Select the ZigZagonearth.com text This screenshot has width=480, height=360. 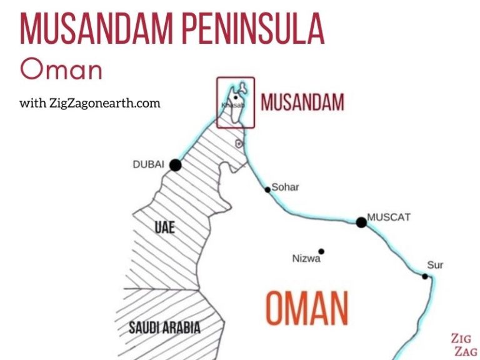point(90,103)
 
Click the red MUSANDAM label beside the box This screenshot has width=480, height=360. point(302,102)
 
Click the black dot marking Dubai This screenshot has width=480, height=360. point(176,165)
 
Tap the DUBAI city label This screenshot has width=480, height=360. point(148,164)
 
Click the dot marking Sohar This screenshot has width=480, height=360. point(267,189)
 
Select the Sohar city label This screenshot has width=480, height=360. point(285,187)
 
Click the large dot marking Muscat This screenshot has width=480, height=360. point(361,222)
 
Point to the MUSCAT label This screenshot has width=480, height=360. point(389,217)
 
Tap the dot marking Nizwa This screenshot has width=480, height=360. point(322,251)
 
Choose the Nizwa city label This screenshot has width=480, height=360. point(306,258)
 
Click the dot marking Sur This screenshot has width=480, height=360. point(425,276)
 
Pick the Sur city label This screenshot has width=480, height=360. point(435,265)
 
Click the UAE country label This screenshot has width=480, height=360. point(164,227)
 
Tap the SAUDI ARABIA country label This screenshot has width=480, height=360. point(164,327)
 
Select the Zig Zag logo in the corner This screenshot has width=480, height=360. point(463,345)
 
